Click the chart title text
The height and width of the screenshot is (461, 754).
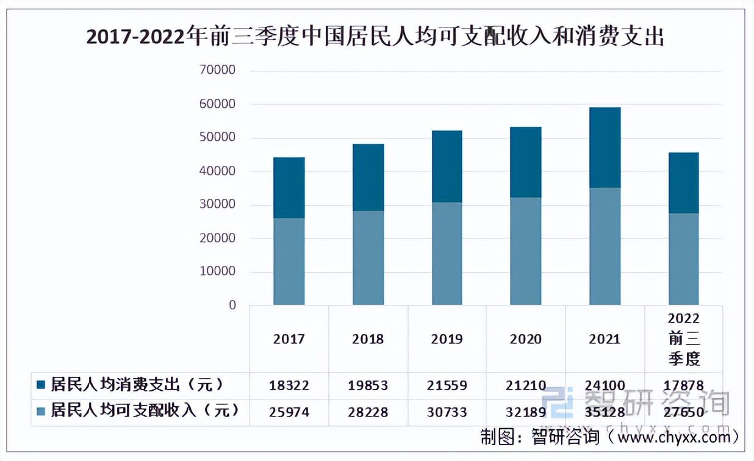[x=375, y=38]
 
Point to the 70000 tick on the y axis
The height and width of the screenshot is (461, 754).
[x=217, y=71]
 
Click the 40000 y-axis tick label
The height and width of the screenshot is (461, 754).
[x=217, y=171]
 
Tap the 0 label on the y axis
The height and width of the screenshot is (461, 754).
[x=232, y=306]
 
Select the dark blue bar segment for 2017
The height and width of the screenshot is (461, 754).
[x=289, y=188]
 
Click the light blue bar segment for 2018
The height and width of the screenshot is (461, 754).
[x=368, y=257]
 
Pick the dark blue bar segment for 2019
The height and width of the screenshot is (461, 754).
[x=447, y=166]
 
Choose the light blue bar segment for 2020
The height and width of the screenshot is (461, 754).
[x=526, y=251]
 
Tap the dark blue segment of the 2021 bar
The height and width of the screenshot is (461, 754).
[x=605, y=148]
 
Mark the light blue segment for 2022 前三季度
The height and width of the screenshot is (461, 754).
[x=683, y=259]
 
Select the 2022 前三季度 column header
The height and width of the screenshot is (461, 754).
[x=683, y=339]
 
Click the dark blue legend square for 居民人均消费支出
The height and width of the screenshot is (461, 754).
[x=41, y=385]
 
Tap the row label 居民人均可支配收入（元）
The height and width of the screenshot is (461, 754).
[x=145, y=410]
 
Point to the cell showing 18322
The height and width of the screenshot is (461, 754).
[x=289, y=385]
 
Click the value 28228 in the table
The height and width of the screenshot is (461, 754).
[x=368, y=412]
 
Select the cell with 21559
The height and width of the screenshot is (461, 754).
[x=447, y=385]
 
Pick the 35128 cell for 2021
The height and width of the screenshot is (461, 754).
[x=605, y=412]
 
